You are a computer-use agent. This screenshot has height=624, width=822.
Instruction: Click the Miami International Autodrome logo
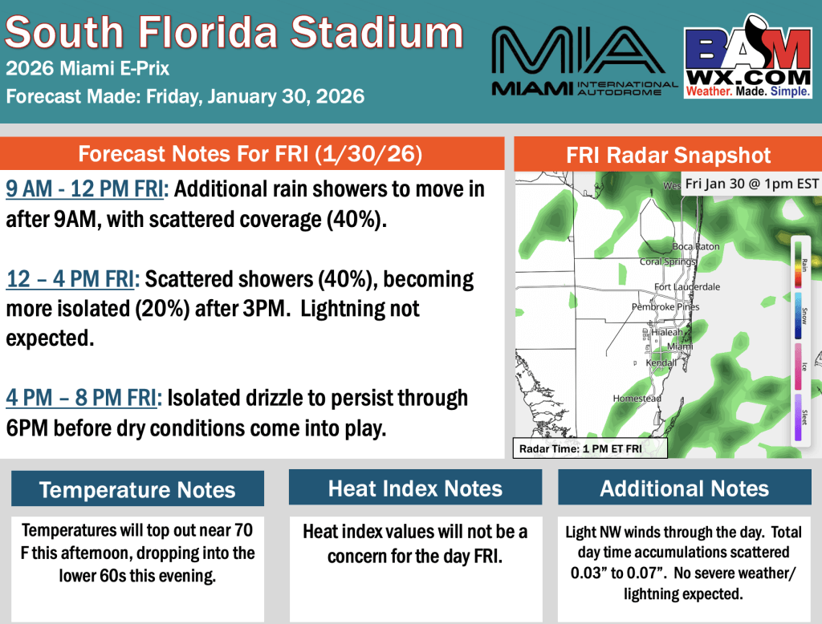click(584, 62)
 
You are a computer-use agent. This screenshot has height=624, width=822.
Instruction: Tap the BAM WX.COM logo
click(747, 62)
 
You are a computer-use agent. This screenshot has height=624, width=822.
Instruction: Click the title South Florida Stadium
click(234, 33)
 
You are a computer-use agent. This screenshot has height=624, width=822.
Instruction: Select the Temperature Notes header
click(137, 489)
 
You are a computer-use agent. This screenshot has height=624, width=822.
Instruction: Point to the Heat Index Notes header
click(415, 488)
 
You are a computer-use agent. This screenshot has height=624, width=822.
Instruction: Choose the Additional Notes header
click(684, 488)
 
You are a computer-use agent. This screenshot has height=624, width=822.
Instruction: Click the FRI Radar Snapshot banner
click(668, 154)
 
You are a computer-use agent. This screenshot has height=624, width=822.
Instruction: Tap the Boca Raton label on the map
click(696, 246)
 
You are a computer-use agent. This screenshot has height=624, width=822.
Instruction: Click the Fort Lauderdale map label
click(687, 286)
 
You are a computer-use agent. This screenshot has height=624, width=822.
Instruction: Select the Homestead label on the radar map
click(637, 398)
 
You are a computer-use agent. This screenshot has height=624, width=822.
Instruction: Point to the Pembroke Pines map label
click(665, 306)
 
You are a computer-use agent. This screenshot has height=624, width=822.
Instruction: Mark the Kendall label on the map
click(662, 363)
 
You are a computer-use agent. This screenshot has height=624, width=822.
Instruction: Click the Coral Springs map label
click(668, 261)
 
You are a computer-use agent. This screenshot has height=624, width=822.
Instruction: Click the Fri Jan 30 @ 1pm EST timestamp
click(751, 184)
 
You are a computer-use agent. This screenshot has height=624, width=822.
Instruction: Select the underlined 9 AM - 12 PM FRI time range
click(85, 189)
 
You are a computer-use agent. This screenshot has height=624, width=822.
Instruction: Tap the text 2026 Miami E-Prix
click(87, 68)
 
